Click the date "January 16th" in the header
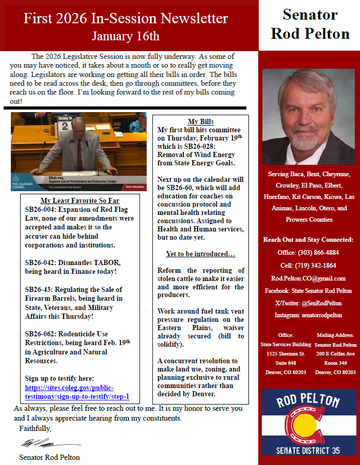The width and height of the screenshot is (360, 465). coord(126,36)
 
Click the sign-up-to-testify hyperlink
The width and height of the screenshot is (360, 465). coord(77,392)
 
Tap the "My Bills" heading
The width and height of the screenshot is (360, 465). coord(200,121)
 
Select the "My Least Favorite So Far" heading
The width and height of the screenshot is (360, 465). coord(80,201)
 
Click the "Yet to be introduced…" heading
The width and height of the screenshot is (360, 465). coord(200,254)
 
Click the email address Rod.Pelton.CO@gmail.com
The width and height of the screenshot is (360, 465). coord(309,278)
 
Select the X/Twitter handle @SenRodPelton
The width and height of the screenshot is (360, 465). coord(324,303)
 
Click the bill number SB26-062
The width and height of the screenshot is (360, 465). coord(40,333)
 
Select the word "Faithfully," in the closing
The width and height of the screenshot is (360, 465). coord(35,428)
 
